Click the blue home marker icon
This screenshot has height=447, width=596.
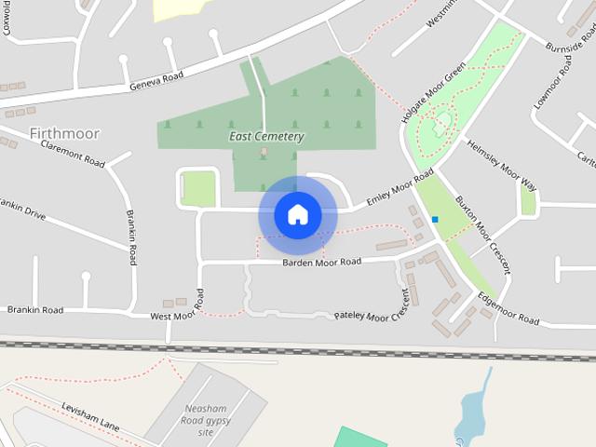coord(298,214)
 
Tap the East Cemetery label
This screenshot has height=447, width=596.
coord(266,137)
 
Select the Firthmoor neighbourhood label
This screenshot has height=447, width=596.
coord(64,134)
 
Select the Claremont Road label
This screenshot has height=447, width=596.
coord(72,156)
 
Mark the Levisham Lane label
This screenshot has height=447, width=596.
coord(91,417)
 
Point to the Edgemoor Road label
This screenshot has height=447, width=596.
coord(508,312)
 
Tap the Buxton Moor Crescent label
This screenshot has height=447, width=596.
coord(481,234)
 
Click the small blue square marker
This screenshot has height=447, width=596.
coord(435,220)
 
